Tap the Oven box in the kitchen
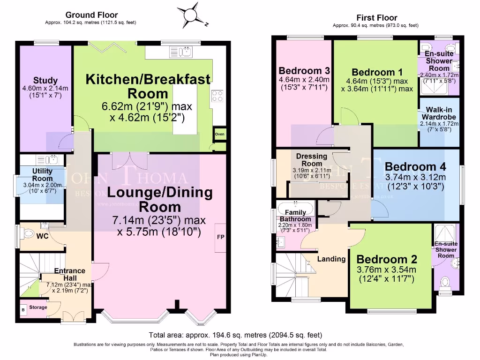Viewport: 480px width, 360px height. point(219,134)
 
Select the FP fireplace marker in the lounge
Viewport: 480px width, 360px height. point(220,237)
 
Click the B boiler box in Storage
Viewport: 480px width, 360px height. point(23,309)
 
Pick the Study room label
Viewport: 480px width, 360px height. point(45,81)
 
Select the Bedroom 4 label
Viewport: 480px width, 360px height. point(415,166)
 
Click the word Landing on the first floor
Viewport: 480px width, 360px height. point(331,259)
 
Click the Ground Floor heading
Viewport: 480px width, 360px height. point(91,15)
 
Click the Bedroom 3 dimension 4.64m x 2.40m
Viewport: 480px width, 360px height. point(304,80)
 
